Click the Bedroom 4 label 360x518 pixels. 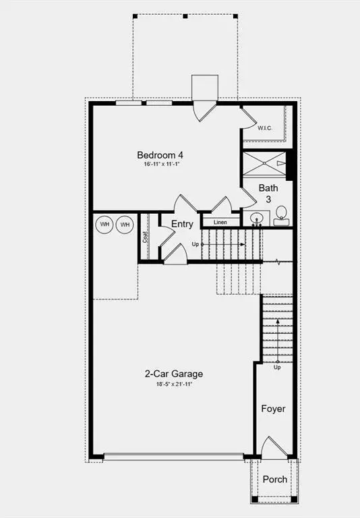pos(160,155)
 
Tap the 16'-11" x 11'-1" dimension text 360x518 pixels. pos(162,164)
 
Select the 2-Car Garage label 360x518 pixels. pos(174,374)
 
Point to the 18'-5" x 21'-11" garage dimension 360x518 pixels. pos(174,384)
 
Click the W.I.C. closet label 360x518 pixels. pos(265,128)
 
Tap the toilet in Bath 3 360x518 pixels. pos(281,216)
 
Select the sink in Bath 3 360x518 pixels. pos(257,218)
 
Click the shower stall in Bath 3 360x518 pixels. pos(264,163)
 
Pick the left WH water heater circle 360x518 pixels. pos(104,225)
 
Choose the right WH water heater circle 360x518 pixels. pos(125,225)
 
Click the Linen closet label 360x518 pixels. pos(220,223)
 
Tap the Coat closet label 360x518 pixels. pos(145,237)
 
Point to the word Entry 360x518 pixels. pos(182,224)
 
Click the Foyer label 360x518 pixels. pos(273,409)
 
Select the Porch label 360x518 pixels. pos(275,479)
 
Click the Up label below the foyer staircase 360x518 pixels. pos(277,368)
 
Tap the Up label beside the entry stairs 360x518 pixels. pos(196,244)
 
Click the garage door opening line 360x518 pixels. pos(174,457)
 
